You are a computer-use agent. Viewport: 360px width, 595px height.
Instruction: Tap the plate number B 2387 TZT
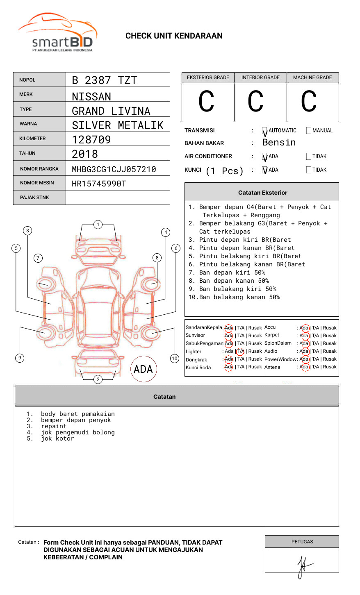(x=104, y=80)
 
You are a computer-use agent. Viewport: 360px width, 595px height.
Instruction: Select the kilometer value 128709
(x=91, y=140)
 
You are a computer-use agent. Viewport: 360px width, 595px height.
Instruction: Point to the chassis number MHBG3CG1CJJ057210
(x=114, y=169)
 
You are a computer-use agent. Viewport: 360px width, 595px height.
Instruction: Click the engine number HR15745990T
(x=99, y=184)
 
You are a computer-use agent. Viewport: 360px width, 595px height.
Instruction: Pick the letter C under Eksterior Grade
(x=206, y=102)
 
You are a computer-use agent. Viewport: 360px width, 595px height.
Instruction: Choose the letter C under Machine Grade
(x=309, y=102)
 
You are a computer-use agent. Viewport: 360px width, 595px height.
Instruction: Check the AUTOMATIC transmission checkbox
(x=264, y=131)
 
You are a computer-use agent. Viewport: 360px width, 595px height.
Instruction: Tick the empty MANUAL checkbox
(x=309, y=131)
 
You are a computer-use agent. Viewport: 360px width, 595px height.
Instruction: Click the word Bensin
(x=279, y=143)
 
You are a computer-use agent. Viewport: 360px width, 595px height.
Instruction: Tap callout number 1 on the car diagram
(x=98, y=225)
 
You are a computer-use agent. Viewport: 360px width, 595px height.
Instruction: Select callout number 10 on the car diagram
(x=175, y=359)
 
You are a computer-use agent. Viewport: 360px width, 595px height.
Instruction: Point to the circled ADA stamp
(x=144, y=369)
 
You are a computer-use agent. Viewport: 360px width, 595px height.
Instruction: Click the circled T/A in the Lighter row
(x=240, y=351)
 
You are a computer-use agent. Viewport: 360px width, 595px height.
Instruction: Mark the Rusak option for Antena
(x=330, y=367)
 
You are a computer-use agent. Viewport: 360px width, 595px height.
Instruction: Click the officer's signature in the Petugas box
(x=303, y=566)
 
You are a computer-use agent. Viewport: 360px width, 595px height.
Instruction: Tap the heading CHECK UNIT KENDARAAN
(x=174, y=36)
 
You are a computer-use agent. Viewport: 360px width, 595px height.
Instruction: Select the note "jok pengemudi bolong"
(x=77, y=432)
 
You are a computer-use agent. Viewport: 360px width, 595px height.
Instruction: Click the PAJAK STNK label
(x=34, y=198)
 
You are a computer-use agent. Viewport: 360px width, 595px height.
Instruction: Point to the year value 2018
(x=85, y=154)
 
